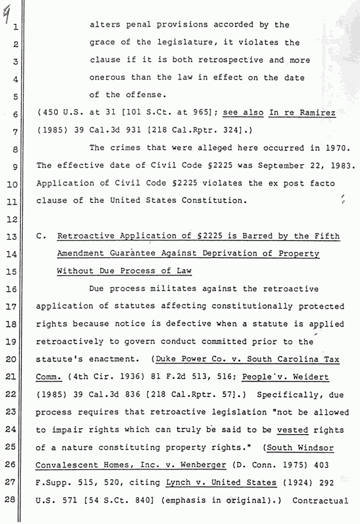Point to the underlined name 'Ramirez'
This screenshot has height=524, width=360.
click(x=318, y=113)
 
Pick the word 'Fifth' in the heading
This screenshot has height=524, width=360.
click(x=326, y=236)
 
